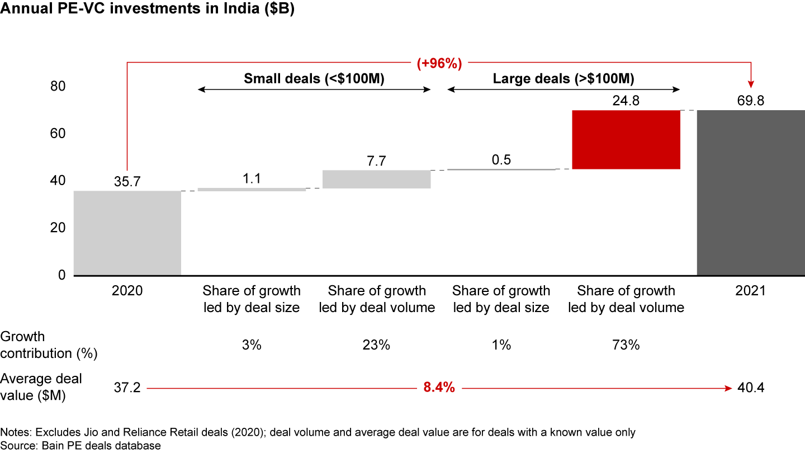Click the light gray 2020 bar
click(x=127, y=233)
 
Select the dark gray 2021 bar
click(x=750, y=193)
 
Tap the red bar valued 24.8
click(x=626, y=140)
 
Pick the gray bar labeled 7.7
click(x=377, y=179)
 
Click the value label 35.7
click(x=127, y=182)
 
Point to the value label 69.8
click(x=750, y=101)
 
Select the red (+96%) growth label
click(x=439, y=63)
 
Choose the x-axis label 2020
click(x=127, y=291)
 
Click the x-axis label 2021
click(x=750, y=291)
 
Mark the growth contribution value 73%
click(x=626, y=345)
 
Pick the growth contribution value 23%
click(x=377, y=345)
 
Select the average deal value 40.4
click(x=750, y=388)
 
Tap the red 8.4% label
click(x=439, y=388)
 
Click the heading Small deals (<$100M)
click(x=314, y=79)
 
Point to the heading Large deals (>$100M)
click(x=563, y=79)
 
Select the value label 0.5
click(x=501, y=161)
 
